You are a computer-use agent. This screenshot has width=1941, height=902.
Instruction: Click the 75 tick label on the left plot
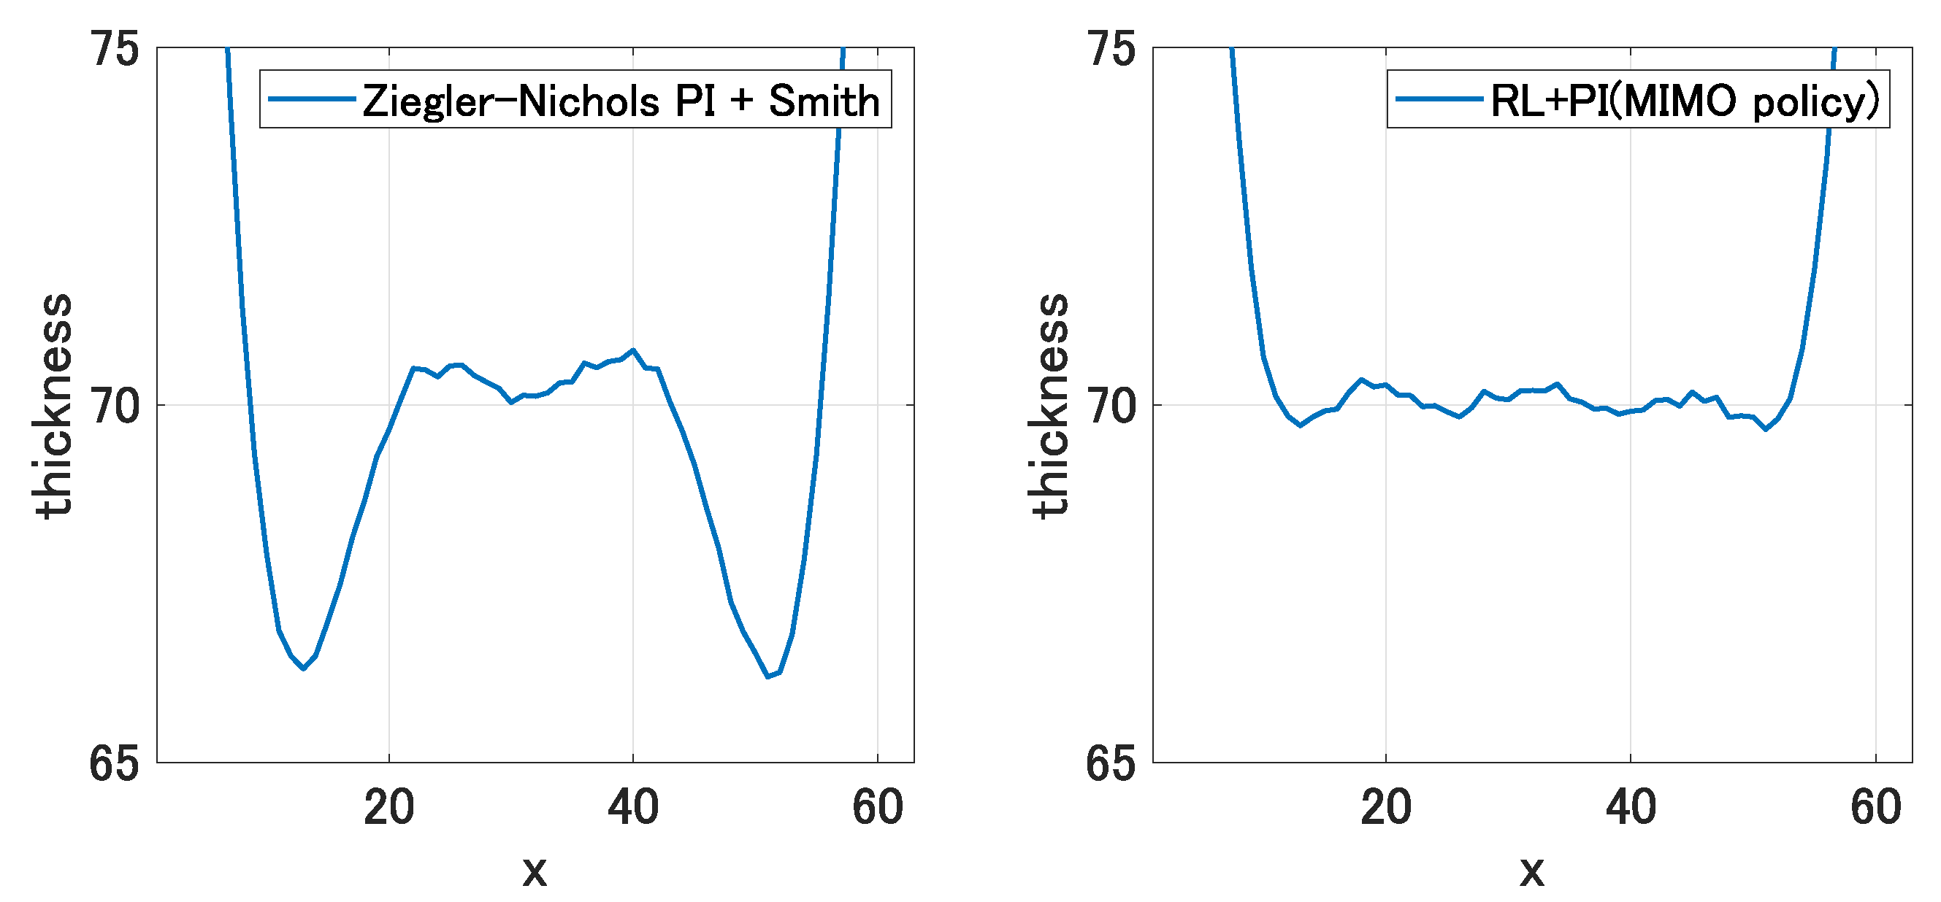point(115,50)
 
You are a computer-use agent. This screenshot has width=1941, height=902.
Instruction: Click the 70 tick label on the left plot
point(115,406)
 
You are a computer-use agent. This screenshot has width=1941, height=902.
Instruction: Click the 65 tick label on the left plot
point(114,763)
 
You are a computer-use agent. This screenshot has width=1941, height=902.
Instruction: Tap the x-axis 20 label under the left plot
point(388,807)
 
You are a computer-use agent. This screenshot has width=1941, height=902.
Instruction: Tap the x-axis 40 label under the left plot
point(633,807)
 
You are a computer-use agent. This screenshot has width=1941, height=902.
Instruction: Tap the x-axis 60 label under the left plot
point(878,807)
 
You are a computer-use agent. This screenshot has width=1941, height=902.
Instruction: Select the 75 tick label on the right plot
point(1111,50)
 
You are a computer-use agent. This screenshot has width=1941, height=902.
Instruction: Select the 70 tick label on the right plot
point(1111,406)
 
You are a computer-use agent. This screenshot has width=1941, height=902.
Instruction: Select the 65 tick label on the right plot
point(1110,763)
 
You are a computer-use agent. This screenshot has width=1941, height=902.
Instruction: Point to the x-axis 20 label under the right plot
point(1386,807)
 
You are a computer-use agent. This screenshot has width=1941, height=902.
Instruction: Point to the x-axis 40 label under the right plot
point(1631,807)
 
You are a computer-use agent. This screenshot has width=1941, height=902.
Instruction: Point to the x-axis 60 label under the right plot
point(1875,807)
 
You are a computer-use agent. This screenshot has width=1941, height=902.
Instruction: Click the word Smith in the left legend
point(824,101)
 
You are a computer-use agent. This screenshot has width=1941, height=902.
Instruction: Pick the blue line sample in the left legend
point(311,99)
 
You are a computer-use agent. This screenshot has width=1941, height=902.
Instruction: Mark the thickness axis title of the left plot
point(54,406)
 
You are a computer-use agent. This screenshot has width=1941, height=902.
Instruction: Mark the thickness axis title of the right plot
point(1050,406)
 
